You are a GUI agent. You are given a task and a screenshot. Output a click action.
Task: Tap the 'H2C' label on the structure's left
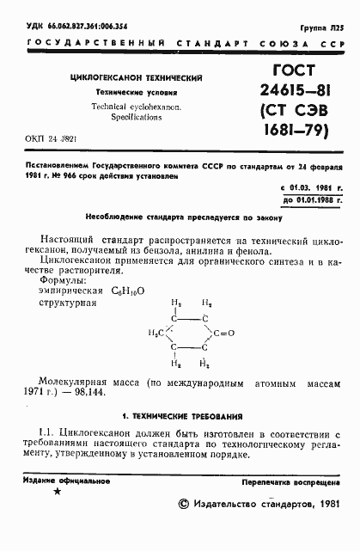(155, 333)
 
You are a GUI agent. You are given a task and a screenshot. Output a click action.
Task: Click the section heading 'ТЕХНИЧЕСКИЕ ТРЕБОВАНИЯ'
(188, 415)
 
